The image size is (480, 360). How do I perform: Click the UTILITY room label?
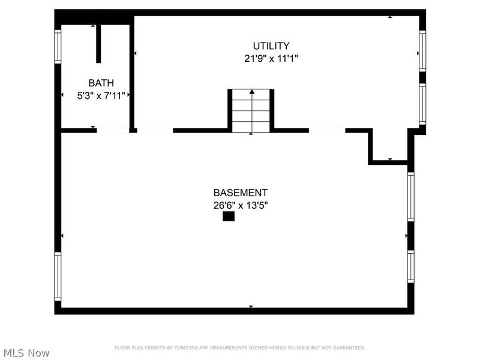[271, 46]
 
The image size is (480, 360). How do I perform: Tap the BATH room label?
[101, 83]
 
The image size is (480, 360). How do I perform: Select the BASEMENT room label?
[241, 193]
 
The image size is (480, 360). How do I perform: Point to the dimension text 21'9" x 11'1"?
[271, 59]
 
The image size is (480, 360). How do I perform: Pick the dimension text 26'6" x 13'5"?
[241, 205]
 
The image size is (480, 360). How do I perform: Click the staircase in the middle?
[251, 111]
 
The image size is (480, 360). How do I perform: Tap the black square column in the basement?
[229, 217]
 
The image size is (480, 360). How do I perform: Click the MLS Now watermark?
[26, 353]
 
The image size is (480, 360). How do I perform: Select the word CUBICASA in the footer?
[187, 348]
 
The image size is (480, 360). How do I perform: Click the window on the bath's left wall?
[58, 46]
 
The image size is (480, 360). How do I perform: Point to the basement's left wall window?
[58, 277]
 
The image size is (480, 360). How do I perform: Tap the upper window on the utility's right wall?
[422, 50]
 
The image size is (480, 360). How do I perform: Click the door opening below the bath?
[113, 130]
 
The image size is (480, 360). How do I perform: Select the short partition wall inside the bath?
[98, 43]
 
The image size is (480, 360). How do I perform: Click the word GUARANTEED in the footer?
[349, 348]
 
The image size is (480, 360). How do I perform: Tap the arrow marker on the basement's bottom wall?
[251, 307]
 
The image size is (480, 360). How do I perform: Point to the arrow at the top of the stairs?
[252, 92]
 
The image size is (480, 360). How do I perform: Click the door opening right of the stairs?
[327, 130]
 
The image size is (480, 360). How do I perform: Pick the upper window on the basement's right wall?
[411, 196]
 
